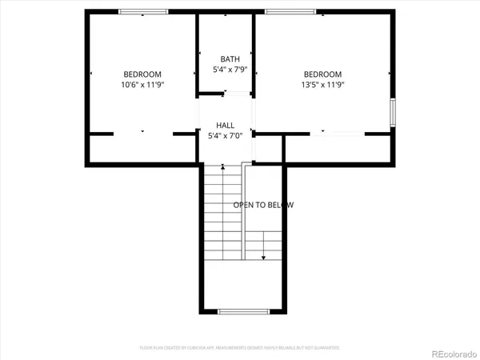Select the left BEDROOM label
coord(142,74)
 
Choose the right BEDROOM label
coord(323,74)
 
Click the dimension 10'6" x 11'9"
coord(142,84)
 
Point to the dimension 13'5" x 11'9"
coord(323,84)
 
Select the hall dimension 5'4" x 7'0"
coord(226,136)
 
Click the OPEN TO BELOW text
coord(263,205)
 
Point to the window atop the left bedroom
coord(143,11)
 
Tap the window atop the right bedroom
coord(289,11)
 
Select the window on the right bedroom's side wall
coord(392,112)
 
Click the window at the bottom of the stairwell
coord(241,310)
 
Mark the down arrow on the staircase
coord(264,258)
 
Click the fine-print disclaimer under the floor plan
coord(240,348)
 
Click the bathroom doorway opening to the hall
coord(226,94)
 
